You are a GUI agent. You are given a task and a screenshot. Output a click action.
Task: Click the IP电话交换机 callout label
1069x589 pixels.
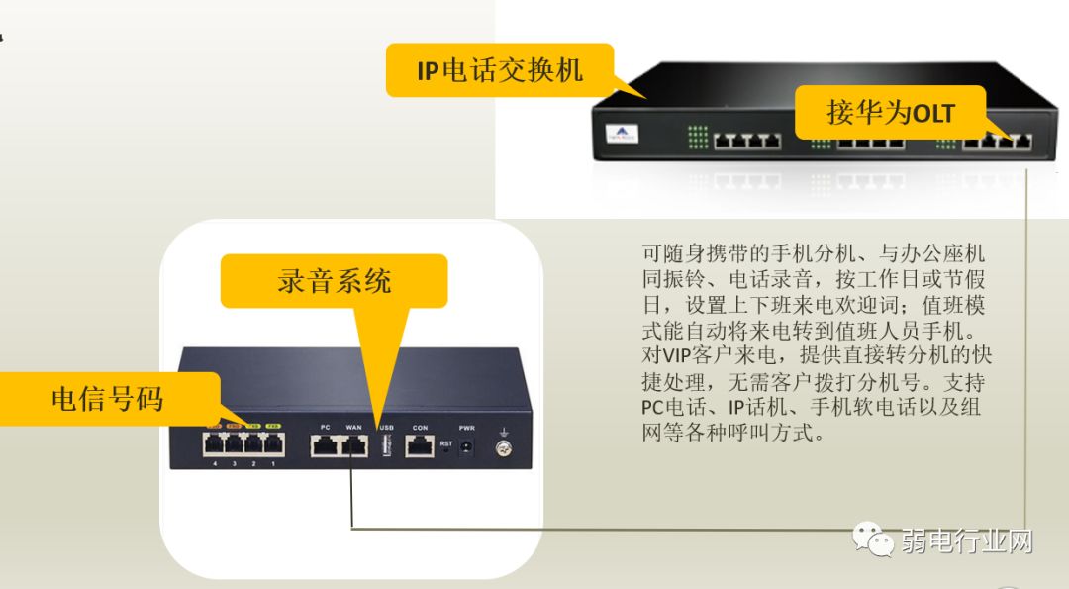pyautogui.click(x=499, y=70)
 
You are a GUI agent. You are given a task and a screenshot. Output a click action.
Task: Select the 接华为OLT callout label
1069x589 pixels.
pyautogui.click(x=890, y=112)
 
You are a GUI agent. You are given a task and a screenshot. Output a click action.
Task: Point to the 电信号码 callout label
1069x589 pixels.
pyautogui.click(x=107, y=398)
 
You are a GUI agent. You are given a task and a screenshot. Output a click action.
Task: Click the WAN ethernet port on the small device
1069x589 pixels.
pyautogui.click(x=353, y=446)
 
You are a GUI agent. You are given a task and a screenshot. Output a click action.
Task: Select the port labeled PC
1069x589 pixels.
pyautogui.click(x=325, y=446)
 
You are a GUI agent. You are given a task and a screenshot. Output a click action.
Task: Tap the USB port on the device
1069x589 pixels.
pyautogui.click(x=385, y=446)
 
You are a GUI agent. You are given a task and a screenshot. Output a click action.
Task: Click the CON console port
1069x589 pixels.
pyautogui.click(x=420, y=446)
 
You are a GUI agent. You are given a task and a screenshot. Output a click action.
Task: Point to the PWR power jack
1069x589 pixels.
pyautogui.click(x=467, y=446)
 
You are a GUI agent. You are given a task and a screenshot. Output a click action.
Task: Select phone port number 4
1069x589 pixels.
pyautogui.click(x=214, y=445)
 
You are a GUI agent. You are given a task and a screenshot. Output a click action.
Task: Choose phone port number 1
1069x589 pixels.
pyautogui.click(x=273, y=445)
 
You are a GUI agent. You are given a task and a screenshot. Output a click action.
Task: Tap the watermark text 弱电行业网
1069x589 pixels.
pyautogui.click(x=966, y=541)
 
